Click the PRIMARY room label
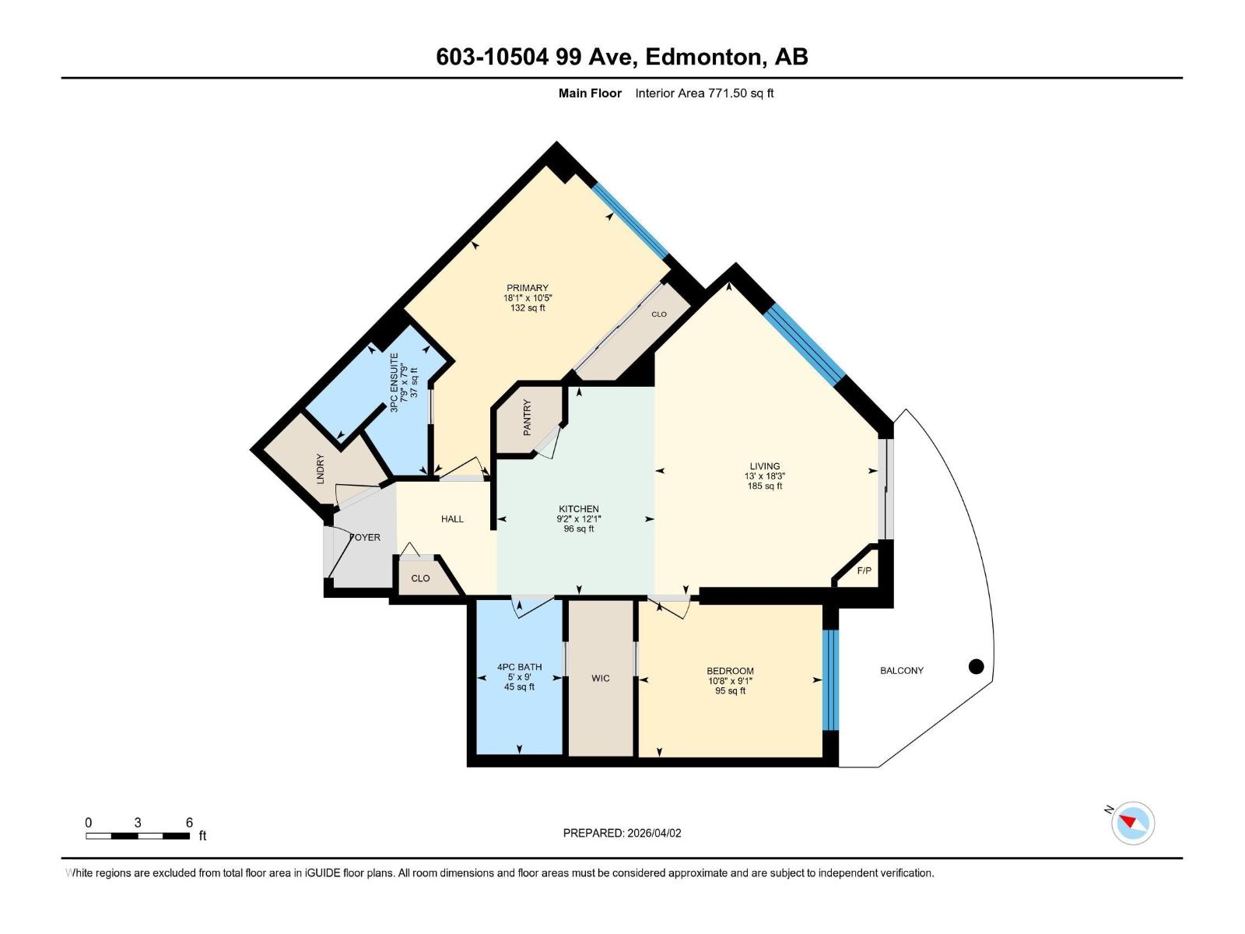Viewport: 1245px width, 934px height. [x=527, y=288]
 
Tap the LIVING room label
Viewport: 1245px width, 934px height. [x=764, y=466]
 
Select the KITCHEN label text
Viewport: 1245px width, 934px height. [x=578, y=509]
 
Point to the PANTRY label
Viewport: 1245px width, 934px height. [x=528, y=417]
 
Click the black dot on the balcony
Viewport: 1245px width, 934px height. [x=976, y=666]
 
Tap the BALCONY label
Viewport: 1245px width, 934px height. [x=901, y=670]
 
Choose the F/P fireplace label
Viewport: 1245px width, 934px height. [x=864, y=571]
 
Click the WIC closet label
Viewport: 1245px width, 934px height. [x=600, y=678]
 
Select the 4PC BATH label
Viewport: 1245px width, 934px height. [x=519, y=667]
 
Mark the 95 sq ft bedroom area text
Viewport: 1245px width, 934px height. [x=730, y=690]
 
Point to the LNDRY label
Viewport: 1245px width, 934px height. [x=320, y=469]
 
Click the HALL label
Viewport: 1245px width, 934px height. [x=452, y=519]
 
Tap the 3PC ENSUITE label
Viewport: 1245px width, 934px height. [x=395, y=382]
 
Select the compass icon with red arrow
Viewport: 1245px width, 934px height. [x=1133, y=823]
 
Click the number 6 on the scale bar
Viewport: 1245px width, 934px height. [x=189, y=823]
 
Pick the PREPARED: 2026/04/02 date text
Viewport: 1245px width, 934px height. [x=622, y=833]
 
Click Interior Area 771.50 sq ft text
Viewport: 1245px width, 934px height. [x=703, y=93]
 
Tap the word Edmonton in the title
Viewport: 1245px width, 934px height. [x=703, y=57]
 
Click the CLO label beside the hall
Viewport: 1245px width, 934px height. [x=420, y=578]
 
